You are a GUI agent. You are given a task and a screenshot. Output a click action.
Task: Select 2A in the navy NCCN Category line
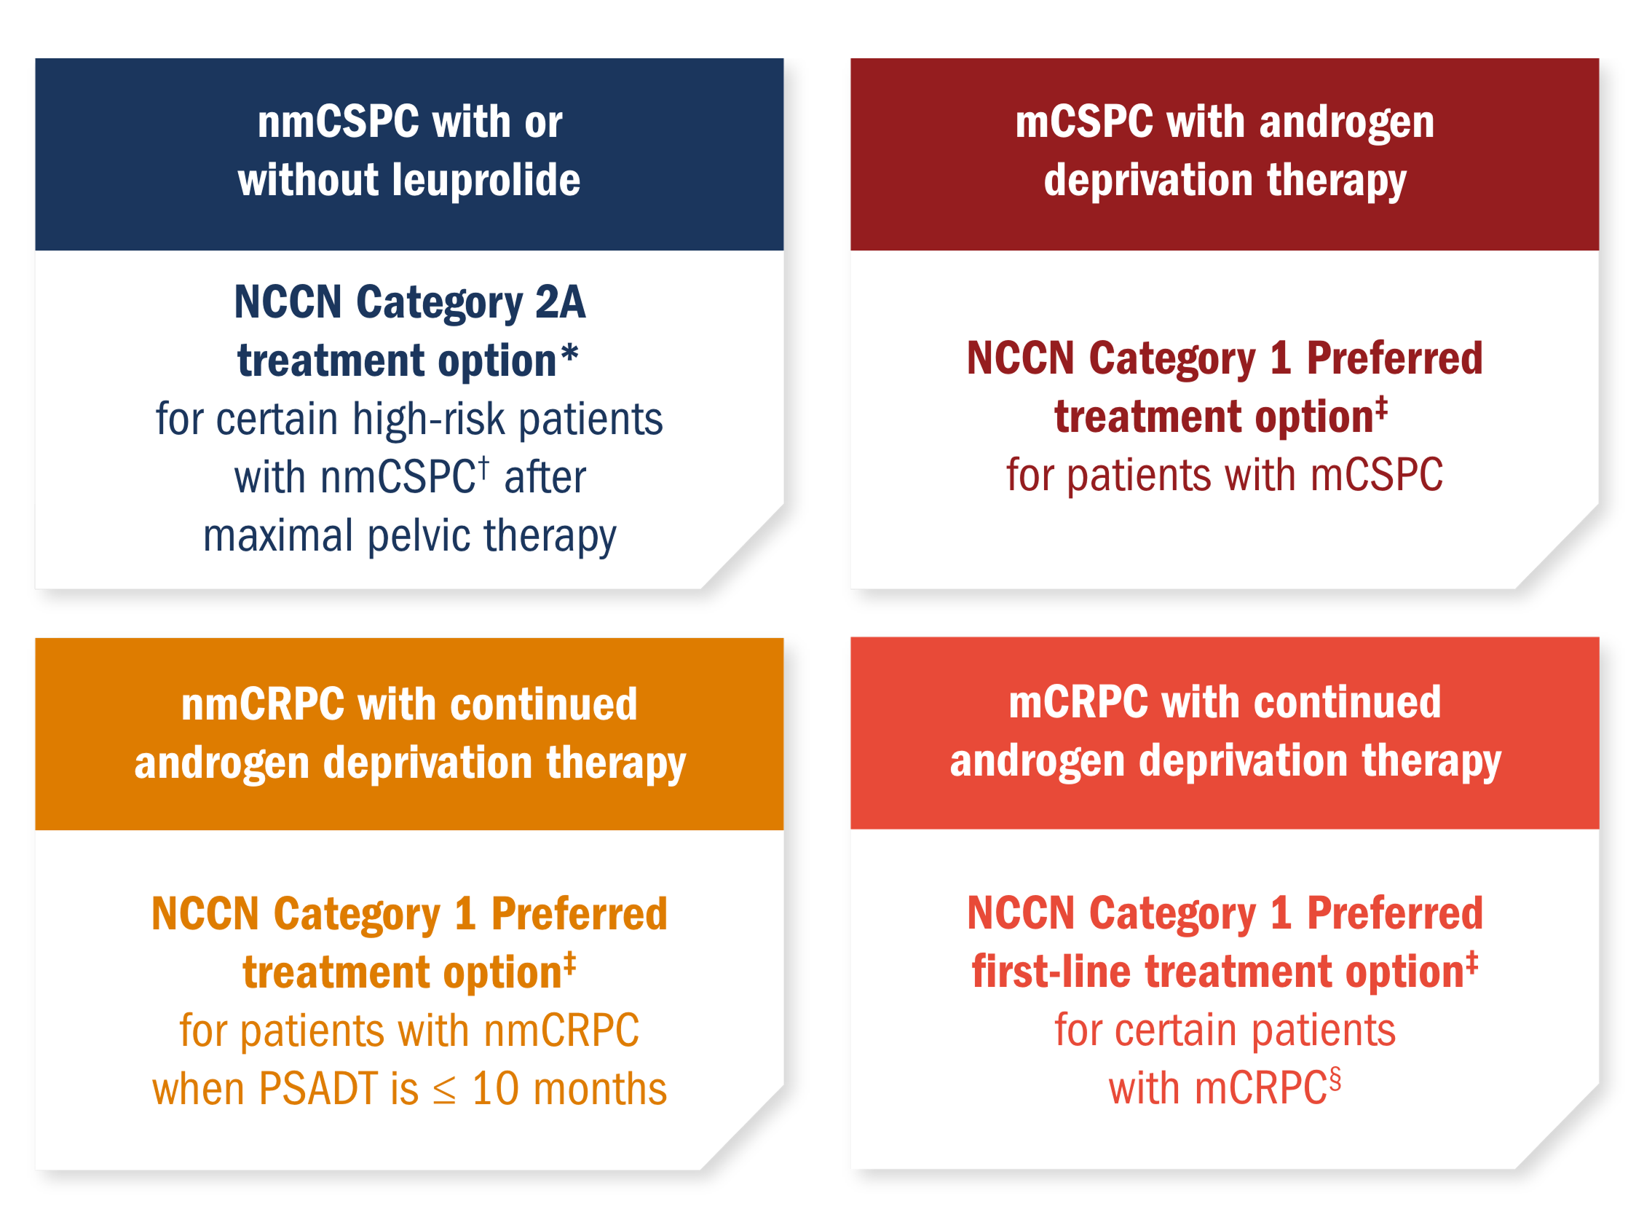(561, 302)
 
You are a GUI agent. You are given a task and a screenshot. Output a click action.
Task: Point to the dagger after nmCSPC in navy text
(483, 468)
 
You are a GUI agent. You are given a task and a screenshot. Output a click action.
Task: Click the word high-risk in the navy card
(429, 420)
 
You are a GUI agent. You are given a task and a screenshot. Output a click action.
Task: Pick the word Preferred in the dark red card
(1394, 358)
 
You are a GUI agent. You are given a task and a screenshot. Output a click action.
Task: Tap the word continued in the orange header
(544, 705)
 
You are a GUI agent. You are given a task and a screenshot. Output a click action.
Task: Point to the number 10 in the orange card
(495, 1090)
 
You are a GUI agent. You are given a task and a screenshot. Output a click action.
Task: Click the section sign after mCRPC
(1335, 1079)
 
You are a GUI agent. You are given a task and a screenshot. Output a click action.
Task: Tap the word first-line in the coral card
(1051, 972)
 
